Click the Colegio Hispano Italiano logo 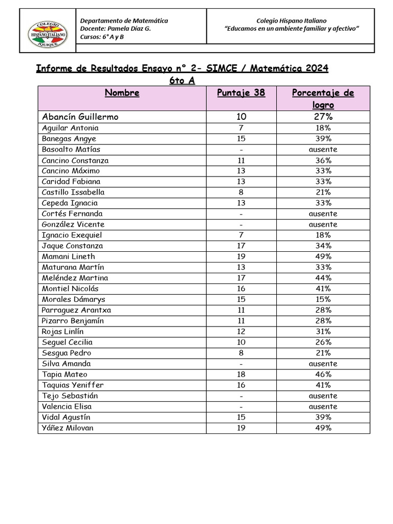coord(48,31)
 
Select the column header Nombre coord(122,93)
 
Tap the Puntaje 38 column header coord(241,93)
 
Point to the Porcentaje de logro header coord(323,98)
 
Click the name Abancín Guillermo coord(80,117)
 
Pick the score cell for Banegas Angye coord(241,139)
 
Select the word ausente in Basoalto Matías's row coord(323,149)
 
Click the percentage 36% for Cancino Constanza coord(323,160)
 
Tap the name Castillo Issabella coord(73,192)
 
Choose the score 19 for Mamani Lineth coord(241,256)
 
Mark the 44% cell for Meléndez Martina coord(323,278)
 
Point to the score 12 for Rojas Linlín coord(241,332)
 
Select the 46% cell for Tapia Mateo coord(323,374)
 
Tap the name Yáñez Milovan coord(68,428)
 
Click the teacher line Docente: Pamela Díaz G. coord(116,29)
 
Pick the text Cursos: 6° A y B coord(102,37)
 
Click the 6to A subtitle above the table coord(182,80)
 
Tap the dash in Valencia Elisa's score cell coord(241,406)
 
